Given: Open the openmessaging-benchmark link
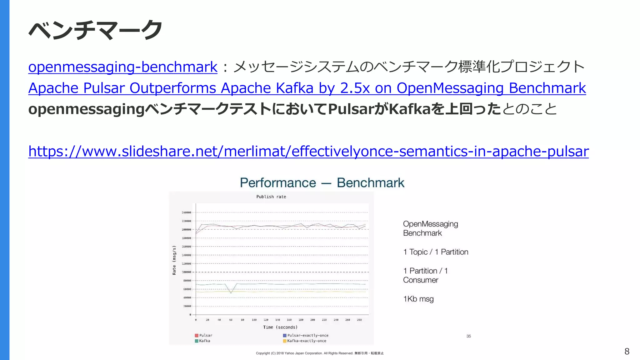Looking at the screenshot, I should coord(122,67).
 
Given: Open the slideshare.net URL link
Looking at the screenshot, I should coord(308,151).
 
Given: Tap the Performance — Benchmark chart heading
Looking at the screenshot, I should coord(322,183).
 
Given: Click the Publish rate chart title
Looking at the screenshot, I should coord(271,197).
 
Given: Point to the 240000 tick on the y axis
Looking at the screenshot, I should coord(187,212).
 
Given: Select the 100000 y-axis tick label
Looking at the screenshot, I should coord(187,272).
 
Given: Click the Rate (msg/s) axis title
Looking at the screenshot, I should coord(174,260).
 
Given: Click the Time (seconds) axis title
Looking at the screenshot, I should coord(280,327).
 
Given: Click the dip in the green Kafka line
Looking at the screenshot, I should coord(231,293).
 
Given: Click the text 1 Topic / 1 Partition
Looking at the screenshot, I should coord(436,252).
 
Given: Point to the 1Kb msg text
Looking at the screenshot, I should coord(418,299).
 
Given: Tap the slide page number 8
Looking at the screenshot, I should coord(627,352).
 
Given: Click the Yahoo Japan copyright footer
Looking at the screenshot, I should coord(320,353).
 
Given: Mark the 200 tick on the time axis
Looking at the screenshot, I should coord(312,320).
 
